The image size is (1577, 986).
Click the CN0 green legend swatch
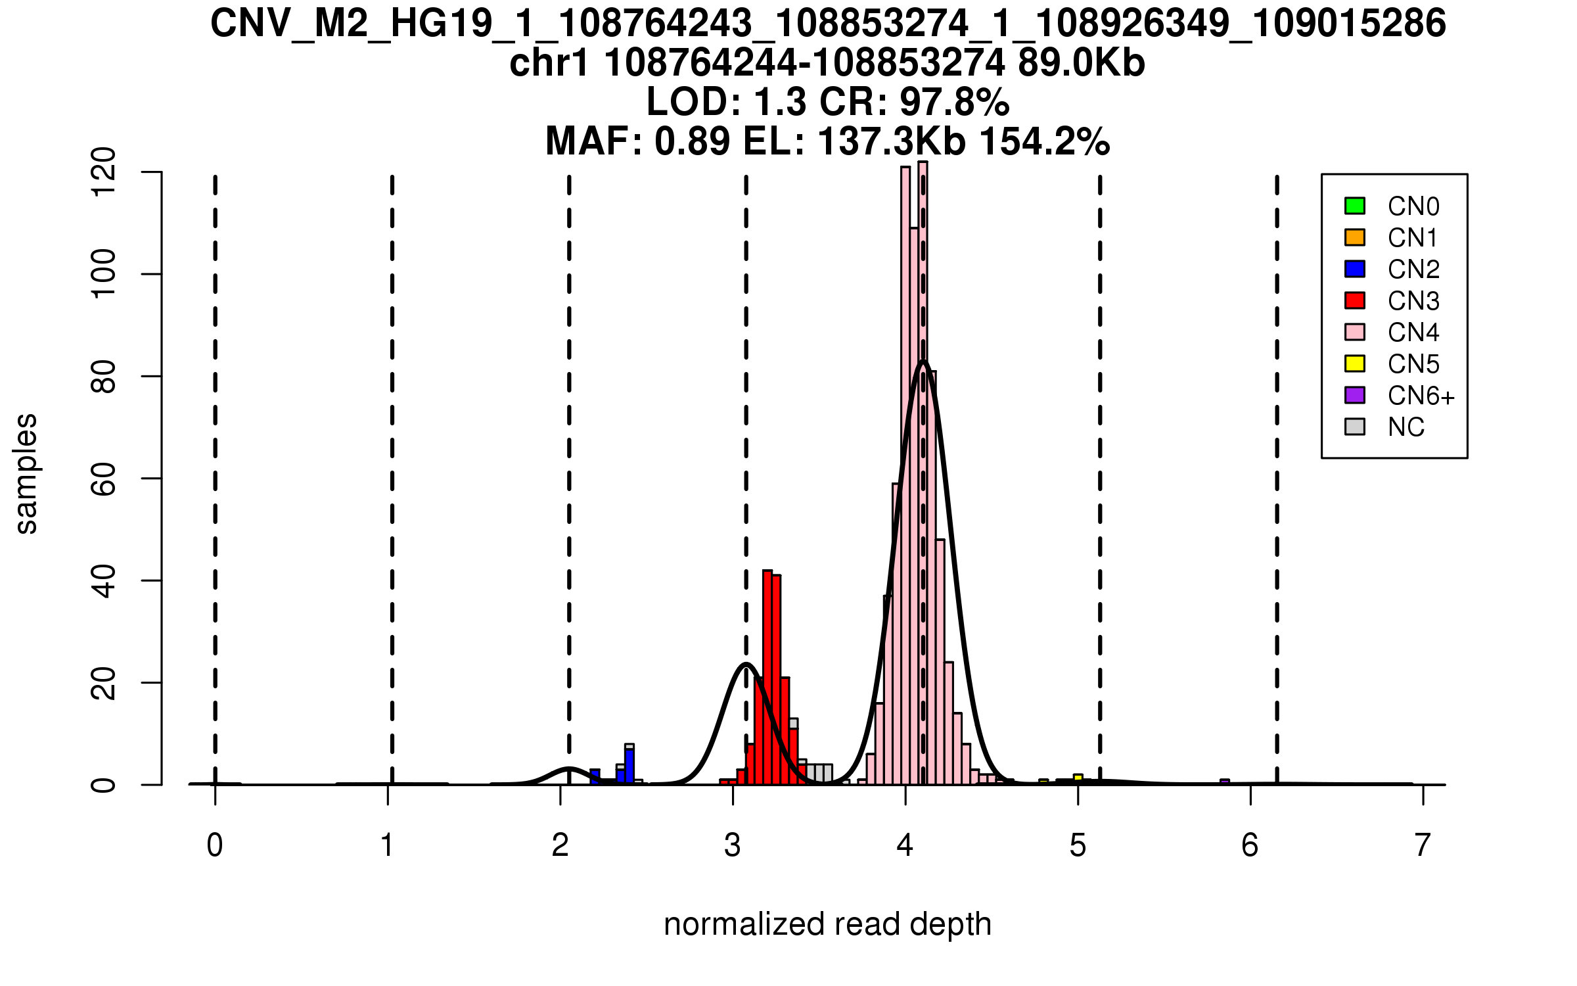[1355, 206]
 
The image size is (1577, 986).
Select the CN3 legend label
[1413, 301]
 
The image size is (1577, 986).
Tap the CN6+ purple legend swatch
[1355, 395]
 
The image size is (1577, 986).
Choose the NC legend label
[1406, 427]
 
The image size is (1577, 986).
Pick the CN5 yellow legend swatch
[1355, 364]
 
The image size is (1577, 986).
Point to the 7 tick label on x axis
[1423, 845]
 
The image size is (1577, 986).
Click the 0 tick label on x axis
[215, 845]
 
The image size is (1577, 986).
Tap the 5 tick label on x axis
[1078, 845]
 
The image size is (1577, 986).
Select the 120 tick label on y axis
[104, 172]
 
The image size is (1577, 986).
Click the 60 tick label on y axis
[104, 479]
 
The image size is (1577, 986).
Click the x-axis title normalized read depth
[827, 924]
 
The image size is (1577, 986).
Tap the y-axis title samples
[26, 473]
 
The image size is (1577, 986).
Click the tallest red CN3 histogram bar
[767, 677]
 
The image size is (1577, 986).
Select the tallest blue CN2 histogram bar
[629, 766]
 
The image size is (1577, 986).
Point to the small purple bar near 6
[1225, 782]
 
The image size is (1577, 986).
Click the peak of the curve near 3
[746, 664]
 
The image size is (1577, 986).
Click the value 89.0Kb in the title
[1082, 63]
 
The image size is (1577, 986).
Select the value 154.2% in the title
[1045, 141]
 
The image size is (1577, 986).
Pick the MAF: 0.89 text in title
[637, 141]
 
